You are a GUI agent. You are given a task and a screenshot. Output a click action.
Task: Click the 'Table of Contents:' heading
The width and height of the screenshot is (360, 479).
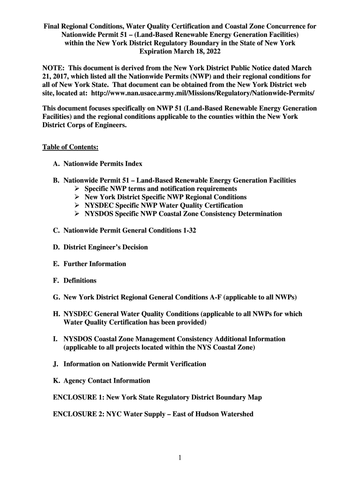tap(70, 147)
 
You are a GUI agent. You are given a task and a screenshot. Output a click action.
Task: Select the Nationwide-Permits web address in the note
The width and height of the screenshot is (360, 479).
tap(200, 94)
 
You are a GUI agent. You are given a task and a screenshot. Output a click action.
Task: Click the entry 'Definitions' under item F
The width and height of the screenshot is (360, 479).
tap(80, 281)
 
